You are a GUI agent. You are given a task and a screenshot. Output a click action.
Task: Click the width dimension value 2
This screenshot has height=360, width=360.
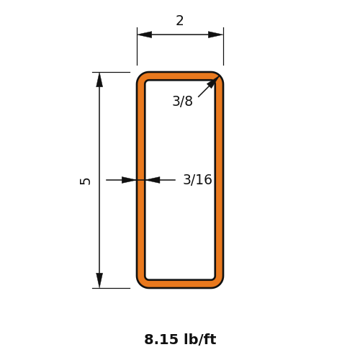coord(180,21)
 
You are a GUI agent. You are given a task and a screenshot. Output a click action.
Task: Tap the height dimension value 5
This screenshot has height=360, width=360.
coord(85,181)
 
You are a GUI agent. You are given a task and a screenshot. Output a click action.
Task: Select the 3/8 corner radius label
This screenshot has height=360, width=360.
coord(182,101)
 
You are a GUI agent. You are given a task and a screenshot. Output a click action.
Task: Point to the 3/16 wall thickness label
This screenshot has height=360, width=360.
coord(197,179)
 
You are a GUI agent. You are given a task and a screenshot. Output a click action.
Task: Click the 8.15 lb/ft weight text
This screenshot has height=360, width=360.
coord(180,339)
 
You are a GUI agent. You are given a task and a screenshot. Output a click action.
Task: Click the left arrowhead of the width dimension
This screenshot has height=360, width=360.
coord(145,35)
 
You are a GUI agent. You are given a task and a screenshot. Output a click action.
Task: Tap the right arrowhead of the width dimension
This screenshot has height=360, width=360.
coord(215,35)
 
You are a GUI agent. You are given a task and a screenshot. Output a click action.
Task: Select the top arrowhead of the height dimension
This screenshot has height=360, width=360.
coord(99,80)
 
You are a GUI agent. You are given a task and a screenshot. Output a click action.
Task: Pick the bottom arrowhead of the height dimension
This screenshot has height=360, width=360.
coord(99,280)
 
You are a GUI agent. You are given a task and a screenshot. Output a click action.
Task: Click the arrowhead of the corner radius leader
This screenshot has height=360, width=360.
coord(213,82)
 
